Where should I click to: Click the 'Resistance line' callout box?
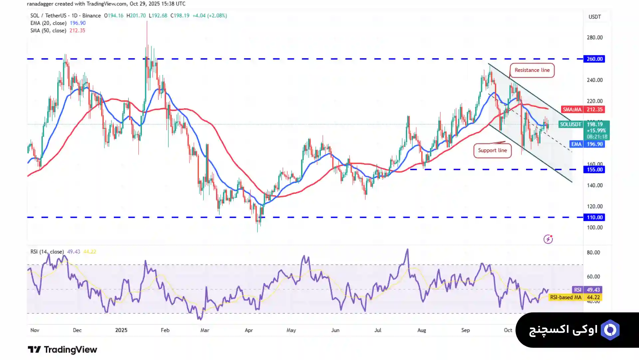(x=532, y=70)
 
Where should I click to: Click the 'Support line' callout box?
(x=492, y=151)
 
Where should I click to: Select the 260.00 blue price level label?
(x=594, y=59)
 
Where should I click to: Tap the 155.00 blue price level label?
(x=594, y=170)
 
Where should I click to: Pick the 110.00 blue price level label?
(x=594, y=217)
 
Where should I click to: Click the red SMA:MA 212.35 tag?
(x=583, y=110)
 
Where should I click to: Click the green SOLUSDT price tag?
(x=570, y=125)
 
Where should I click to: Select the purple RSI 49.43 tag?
(x=587, y=290)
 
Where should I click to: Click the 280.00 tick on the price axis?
(x=594, y=38)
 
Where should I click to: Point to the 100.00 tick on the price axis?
(x=594, y=228)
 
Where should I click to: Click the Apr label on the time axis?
(x=249, y=330)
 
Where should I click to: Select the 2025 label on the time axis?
(x=121, y=330)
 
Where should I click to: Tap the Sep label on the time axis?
(x=465, y=330)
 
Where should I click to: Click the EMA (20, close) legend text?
(x=48, y=23)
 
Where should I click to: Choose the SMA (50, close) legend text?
(x=48, y=31)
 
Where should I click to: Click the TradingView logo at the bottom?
(x=62, y=350)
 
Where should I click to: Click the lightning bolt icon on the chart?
(x=548, y=239)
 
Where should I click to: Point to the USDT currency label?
(x=594, y=17)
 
